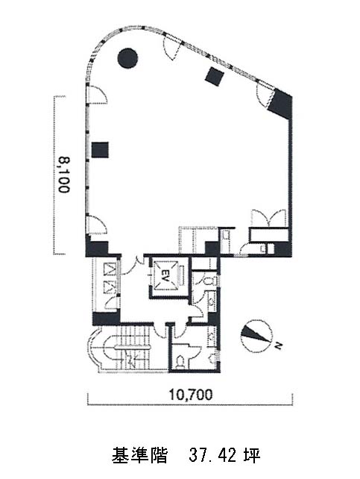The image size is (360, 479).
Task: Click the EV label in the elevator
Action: (x=165, y=272)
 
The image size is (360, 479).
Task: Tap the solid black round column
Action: (x=127, y=58)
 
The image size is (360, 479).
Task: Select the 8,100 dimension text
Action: (x=64, y=175)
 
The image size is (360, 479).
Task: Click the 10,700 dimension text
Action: (x=191, y=395)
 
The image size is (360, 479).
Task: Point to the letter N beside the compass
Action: (x=277, y=346)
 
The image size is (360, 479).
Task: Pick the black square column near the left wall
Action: (x=100, y=150)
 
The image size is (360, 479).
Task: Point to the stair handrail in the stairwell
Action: (x=133, y=348)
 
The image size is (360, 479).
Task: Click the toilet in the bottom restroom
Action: (x=180, y=361)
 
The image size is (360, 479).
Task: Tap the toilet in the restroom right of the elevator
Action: (x=209, y=281)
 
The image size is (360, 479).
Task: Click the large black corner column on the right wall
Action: (x=280, y=103)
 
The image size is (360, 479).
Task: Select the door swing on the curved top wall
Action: (x=171, y=46)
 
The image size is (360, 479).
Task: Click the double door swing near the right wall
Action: (x=268, y=218)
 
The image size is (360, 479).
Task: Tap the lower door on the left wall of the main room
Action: (x=96, y=225)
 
